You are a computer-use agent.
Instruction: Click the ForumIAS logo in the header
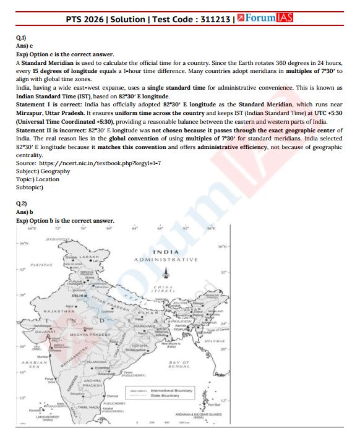coord(267,19)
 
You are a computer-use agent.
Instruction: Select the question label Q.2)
coord(21,203)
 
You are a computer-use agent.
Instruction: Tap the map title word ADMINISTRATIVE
coord(167,259)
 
